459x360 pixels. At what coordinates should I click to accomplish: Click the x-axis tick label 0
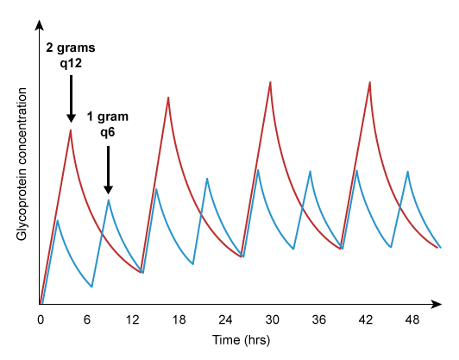point(41,319)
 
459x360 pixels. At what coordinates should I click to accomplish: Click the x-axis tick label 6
point(87,319)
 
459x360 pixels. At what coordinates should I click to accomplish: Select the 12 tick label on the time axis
point(133,319)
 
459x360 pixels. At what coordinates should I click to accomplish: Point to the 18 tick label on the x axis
point(179,319)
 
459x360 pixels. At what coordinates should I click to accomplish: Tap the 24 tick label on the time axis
point(226,319)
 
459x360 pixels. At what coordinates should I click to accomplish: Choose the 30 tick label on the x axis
point(273,319)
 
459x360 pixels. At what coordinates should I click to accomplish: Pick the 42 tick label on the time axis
point(366,319)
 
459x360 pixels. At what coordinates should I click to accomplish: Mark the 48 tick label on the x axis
point(412,319)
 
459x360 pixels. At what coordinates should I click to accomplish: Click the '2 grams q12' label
point(71,55)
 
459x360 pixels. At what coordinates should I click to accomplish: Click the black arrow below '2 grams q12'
point(71,99)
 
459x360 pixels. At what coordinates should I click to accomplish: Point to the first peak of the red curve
point(71,129)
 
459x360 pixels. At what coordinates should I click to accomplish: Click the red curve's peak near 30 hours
point(271,82)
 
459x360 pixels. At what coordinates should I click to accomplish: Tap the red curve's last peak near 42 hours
point(370,82)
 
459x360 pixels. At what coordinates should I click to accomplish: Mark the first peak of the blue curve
point(57,220)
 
